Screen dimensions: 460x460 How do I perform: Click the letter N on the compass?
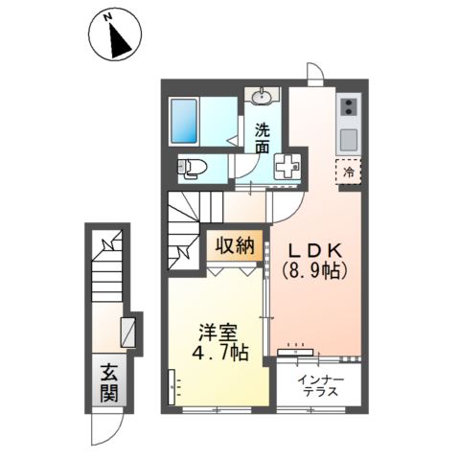[x=108, y=17]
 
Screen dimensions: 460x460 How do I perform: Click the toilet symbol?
[x=193, y=170]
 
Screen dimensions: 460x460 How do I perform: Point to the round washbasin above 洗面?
[x=263, y=95]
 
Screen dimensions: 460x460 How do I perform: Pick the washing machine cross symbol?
[x=287, y=165]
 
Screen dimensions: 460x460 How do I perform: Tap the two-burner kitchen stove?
[x=347, y=106]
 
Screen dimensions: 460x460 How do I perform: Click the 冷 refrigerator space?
[x=350, y=172]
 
